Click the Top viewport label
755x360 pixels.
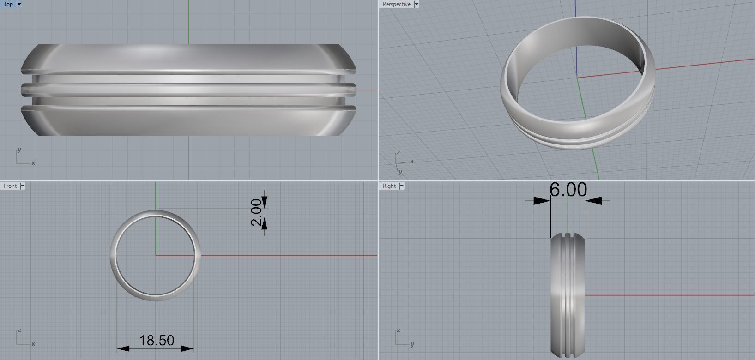pyautogui.click(x=8, y=4)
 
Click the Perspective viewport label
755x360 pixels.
pyautogui.click(x=396, y=4)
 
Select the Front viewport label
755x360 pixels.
pyautogui.click(x=10, y=186)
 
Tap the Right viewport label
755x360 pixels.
pyautogui.click(x=389, y=186)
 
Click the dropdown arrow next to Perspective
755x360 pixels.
pyautogui.click(x=417, y=4)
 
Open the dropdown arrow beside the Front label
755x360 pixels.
pyautogui.click(x=23, y=186)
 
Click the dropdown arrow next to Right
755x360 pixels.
pyautogui.click(x=401, y=186)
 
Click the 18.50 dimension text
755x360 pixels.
pyautogui.click(x=157, y=341)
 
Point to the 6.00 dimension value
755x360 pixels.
pyautogui.click(x=568, y=190)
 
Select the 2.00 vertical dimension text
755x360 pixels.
pyautogui.click(x=257, y=213)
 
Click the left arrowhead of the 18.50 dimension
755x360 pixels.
pyautogui.click(x=123, y=348)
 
